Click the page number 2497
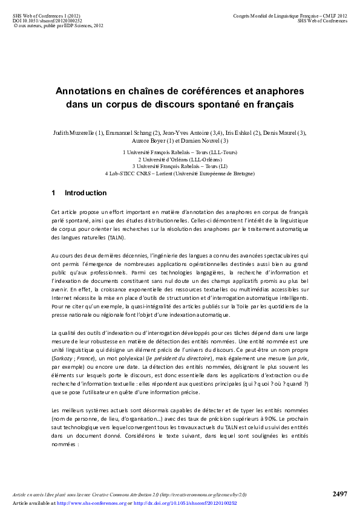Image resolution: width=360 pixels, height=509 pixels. click(x=340, y=494)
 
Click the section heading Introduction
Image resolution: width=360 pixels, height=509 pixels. click(x=85, y=193)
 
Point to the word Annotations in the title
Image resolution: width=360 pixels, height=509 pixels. click(x=89, y=91)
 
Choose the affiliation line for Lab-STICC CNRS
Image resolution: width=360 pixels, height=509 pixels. click(x=180, y=173)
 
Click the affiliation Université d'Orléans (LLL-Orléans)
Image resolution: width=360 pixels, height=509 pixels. click(x=180, y=160)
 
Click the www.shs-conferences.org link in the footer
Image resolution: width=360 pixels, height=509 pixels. click(x=91, y=503)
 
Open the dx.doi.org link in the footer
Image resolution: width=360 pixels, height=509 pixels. click(x=185, y=503)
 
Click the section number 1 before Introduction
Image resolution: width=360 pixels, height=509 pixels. click(x=53, y=193)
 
